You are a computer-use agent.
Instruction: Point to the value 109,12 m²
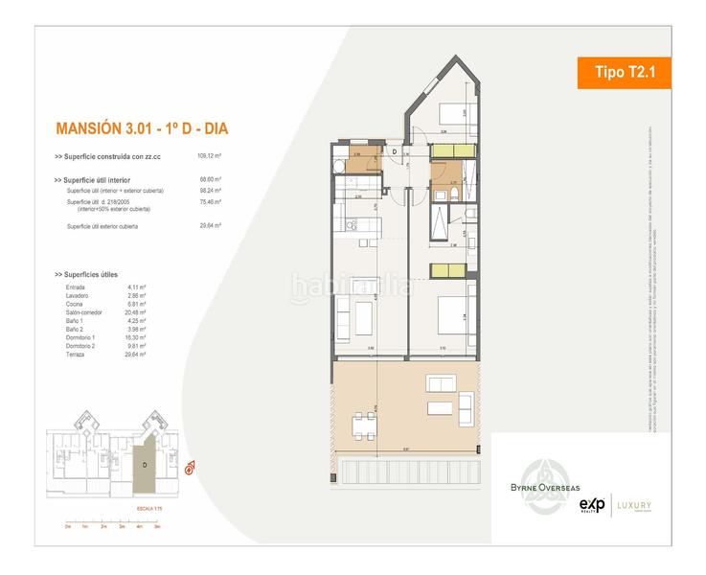pos(209,155)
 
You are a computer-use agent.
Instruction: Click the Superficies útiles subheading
pos(92,275)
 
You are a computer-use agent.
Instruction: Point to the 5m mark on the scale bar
pos(156,526)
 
